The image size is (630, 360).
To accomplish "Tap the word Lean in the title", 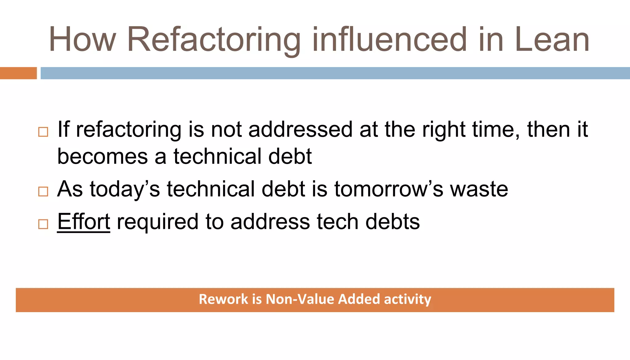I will pos(552,40).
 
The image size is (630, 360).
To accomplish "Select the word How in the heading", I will pos(82,40).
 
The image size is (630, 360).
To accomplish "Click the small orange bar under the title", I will pos(18,73).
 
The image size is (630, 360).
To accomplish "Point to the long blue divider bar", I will pos(335,73).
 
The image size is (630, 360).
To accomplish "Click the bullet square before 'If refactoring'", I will pos(43,132).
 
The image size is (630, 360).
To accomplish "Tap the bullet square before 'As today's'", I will pos(43,191).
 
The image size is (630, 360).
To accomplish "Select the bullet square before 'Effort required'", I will pos(43,224).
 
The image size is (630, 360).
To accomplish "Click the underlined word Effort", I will pos(83,222).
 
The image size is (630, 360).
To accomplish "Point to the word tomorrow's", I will pos(389,189).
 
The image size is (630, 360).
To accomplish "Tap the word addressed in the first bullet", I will pos(300,130).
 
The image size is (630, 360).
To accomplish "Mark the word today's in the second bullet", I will pos(125,189).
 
